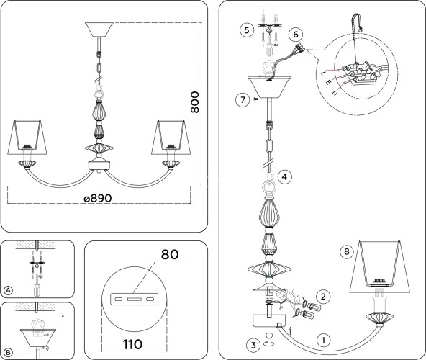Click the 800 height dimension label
[x=194, y=102]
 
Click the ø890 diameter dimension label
[x=98, y=198]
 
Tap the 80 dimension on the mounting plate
[x=170, y=254]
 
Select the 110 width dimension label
[x=132, y=344]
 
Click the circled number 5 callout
[x=247, y=30]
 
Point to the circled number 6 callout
[x=296, y=35]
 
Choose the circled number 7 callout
[x=243, y=100]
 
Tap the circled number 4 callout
[x=284, y=177]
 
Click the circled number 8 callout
[x=347, y=251]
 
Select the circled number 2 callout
[x=323, y=297]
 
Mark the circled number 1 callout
[x=323, y=340]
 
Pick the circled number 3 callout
[x=253, y=345]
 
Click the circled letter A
[x=9, y=290]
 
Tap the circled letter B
[x=9, y=353]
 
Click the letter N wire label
[x=335, y=93]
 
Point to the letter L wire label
[x=323, y=73]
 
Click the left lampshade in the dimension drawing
[x=27, y=137]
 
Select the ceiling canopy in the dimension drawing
[x=99, y=30]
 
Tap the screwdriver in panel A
[x=37, y=285]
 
